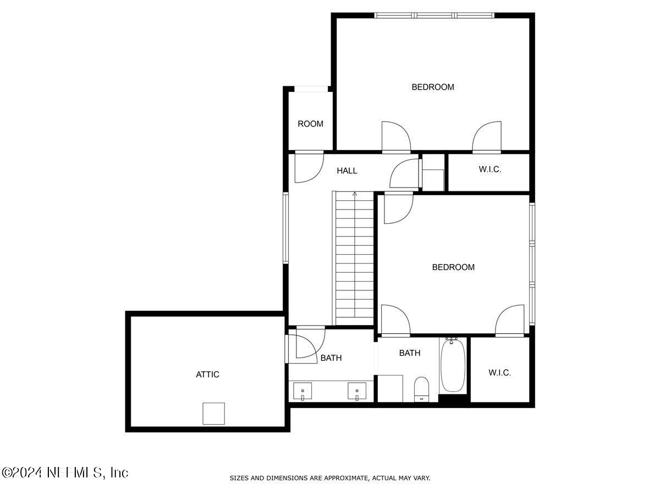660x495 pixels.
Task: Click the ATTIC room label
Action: point(207,374)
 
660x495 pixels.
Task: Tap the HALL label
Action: point(346,170)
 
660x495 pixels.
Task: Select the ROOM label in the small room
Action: point(310,124)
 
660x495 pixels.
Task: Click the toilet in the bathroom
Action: point(421,389)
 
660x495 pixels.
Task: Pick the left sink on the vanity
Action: point(302,391)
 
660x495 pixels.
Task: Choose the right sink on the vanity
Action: point(357,391)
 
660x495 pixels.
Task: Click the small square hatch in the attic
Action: point(213,414)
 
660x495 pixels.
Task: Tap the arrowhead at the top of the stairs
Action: point(355,194)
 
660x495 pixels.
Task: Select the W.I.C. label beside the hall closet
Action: point(490,169)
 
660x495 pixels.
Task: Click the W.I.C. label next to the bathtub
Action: point(499,373)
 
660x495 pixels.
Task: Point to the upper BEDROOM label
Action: point(433,87)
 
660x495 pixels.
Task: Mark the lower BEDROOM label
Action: point(453,267)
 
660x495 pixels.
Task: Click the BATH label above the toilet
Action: point(410,353)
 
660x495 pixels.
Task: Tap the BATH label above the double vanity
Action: point(331,358)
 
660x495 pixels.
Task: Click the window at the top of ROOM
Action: point(311,89)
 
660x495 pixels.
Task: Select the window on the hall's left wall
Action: point(285,228)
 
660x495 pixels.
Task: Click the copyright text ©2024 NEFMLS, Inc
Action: point(65,473)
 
